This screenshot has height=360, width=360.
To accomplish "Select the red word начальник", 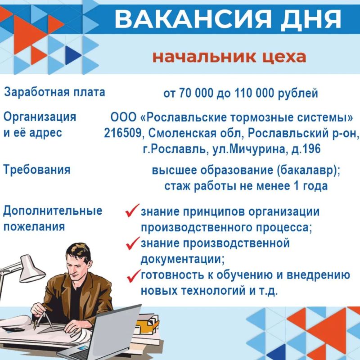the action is pyautogui.click(x=204, y=57).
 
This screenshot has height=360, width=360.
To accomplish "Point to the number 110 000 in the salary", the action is pyautogui.click(x=254, y=93).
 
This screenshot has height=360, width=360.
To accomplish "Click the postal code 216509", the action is pyautogui.click(x=122, y=133).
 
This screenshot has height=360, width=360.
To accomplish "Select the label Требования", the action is pyautogui.click(x=37, y=170).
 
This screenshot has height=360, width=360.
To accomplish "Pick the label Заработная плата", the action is pyautogui.click(x=54, y=92).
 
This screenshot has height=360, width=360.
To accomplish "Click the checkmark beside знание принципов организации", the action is pyautogui.click(x=132, y=210).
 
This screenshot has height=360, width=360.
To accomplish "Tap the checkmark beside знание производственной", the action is pyautogui.click(x=133, y=243).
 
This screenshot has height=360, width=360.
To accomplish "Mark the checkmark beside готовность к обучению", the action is pyautogui.click(x=134, y=276).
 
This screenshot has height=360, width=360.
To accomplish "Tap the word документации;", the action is pyautogui.click(x=183, y=260).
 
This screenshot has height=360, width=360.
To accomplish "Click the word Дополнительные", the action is pyautogui.click(x=53, y=211).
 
